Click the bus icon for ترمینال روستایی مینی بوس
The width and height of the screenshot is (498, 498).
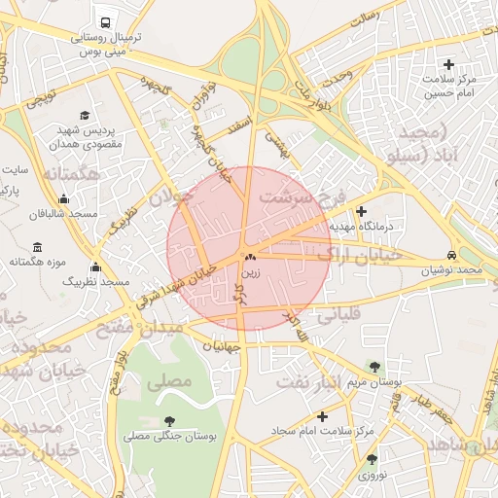point(104,22)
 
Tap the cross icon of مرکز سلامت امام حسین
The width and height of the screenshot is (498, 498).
point(448,64)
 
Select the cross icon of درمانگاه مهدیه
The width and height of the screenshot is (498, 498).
point(362,210)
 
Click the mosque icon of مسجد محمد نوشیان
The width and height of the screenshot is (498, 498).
point(452,254)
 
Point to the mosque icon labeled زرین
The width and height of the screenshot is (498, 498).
point(251,259)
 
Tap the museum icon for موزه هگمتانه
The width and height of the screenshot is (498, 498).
point(38,247)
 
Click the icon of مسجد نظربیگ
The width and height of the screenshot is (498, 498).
point(95,267)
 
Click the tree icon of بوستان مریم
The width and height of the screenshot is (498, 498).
point(374,366)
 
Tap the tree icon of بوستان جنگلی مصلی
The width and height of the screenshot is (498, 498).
point(170,421)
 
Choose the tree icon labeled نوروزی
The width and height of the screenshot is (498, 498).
point(372,459)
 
